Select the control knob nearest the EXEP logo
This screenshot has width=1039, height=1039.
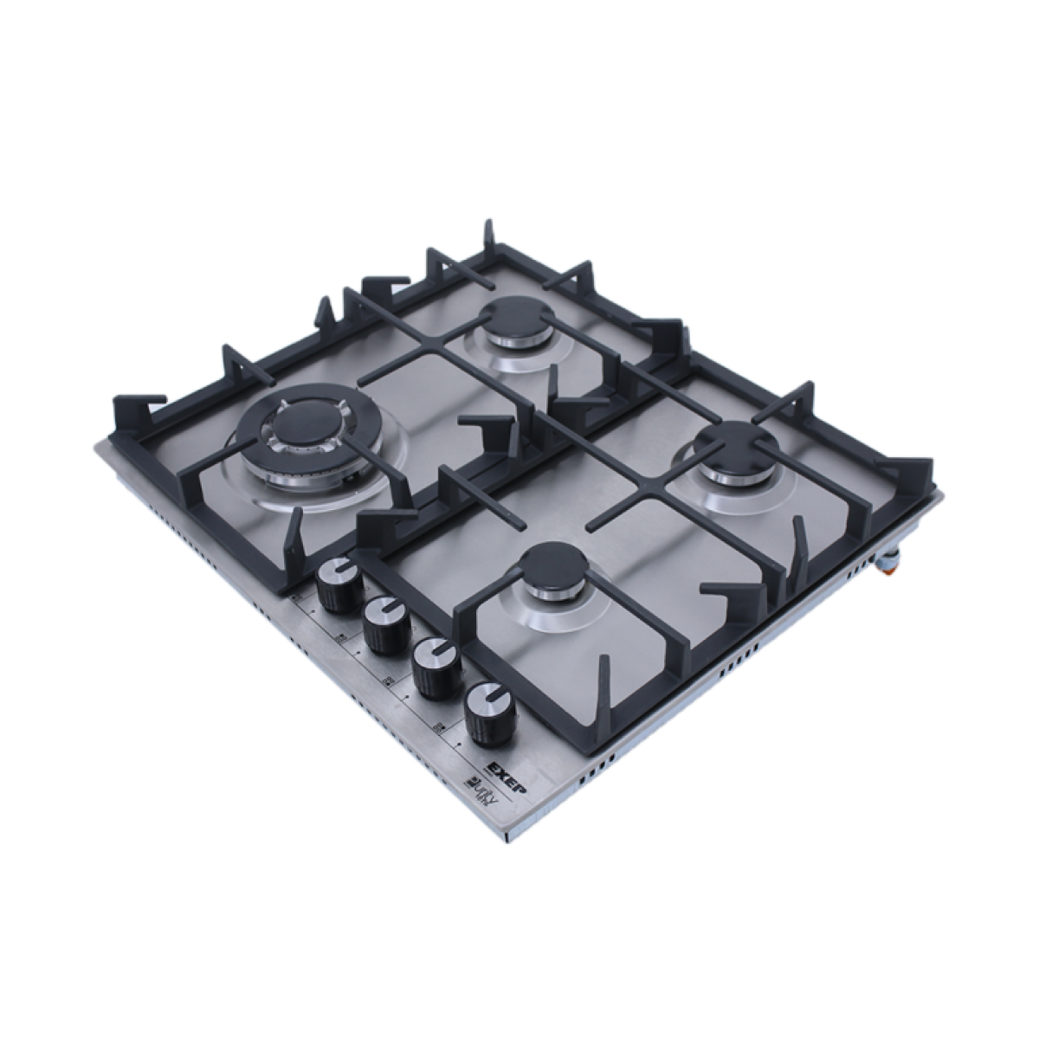click(486, 714)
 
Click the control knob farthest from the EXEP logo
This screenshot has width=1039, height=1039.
click(339, 588)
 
